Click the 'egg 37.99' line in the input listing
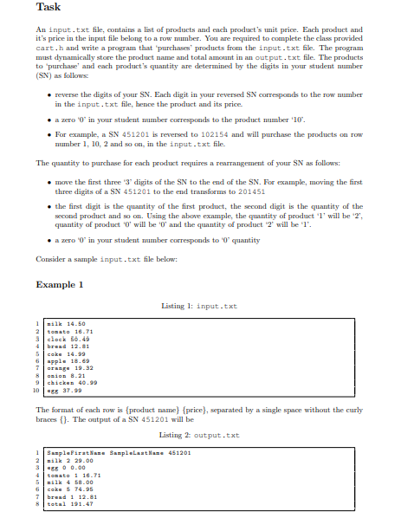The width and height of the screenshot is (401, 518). pyautogui.click(x=64, y=390)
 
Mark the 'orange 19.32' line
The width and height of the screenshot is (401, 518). pyautogui.click(x=69, y=367)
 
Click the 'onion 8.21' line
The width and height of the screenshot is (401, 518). pyautogui.click(x=66, y=374)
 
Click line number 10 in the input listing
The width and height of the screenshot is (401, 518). pyautogui.click(x=37, y=390)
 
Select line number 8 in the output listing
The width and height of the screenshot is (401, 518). pyautogui.click(x=38, y=504)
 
